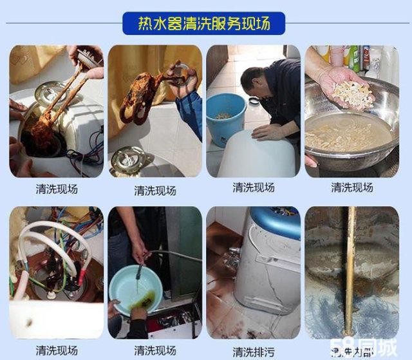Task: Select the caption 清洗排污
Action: [x=254, y=352]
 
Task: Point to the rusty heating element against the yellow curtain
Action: [x=145, y=97]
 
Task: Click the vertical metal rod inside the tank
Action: [x=351, y=270]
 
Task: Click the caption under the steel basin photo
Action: [x=352, y=187]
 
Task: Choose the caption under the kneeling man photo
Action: [x=254, y=187]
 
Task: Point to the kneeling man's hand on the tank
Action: [x=265, y=131]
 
